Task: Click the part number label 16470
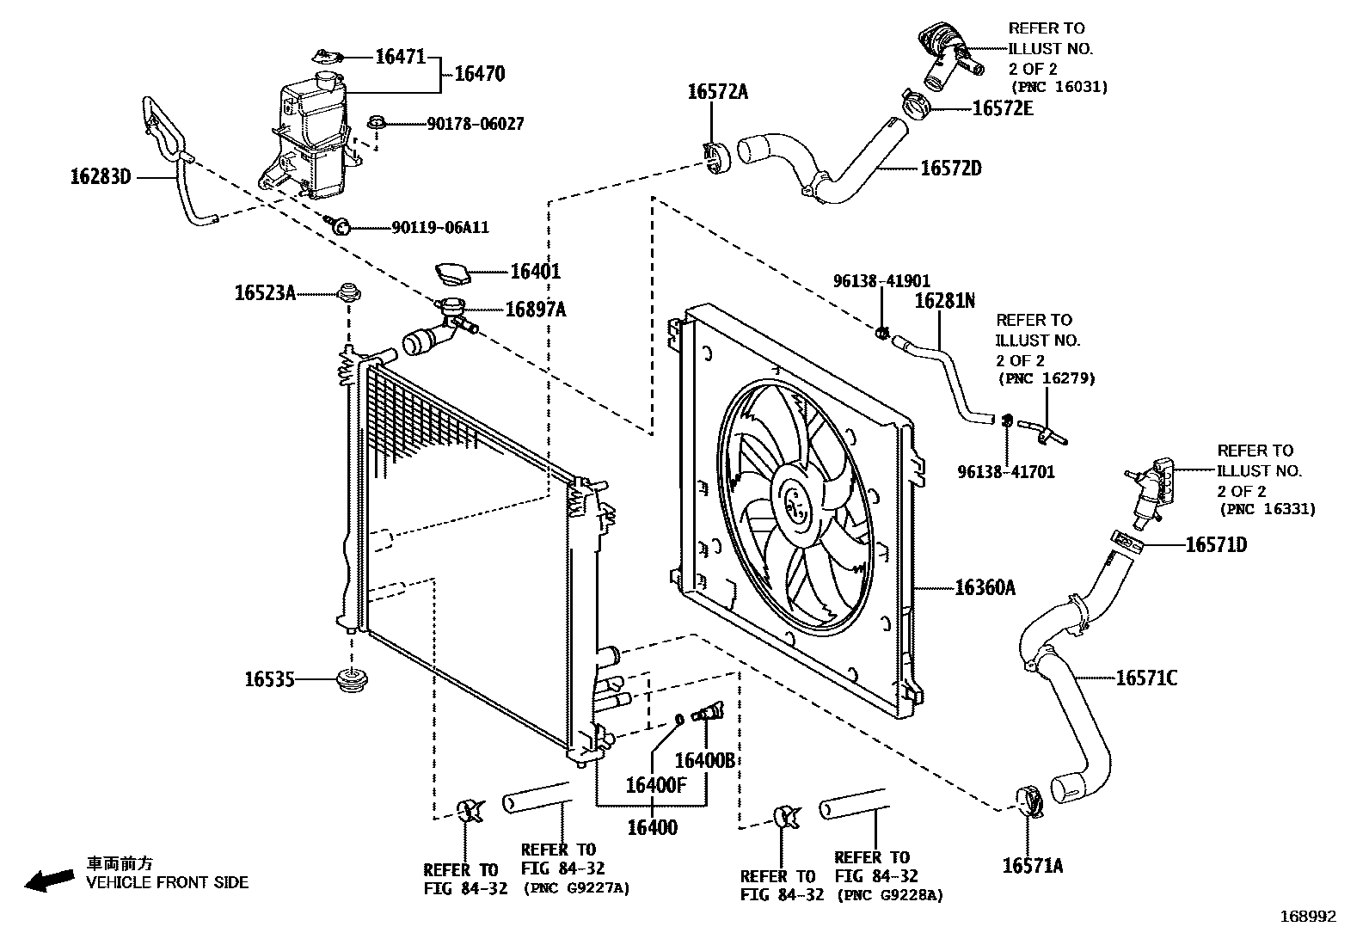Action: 479,74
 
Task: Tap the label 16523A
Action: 265,293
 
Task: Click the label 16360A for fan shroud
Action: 985,588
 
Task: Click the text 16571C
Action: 1146,678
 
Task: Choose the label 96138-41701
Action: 1005,472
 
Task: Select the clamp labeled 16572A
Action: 715,158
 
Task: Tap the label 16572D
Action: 950,169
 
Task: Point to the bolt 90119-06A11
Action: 341,226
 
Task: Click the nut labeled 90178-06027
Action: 376,123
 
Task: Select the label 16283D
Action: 100,178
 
